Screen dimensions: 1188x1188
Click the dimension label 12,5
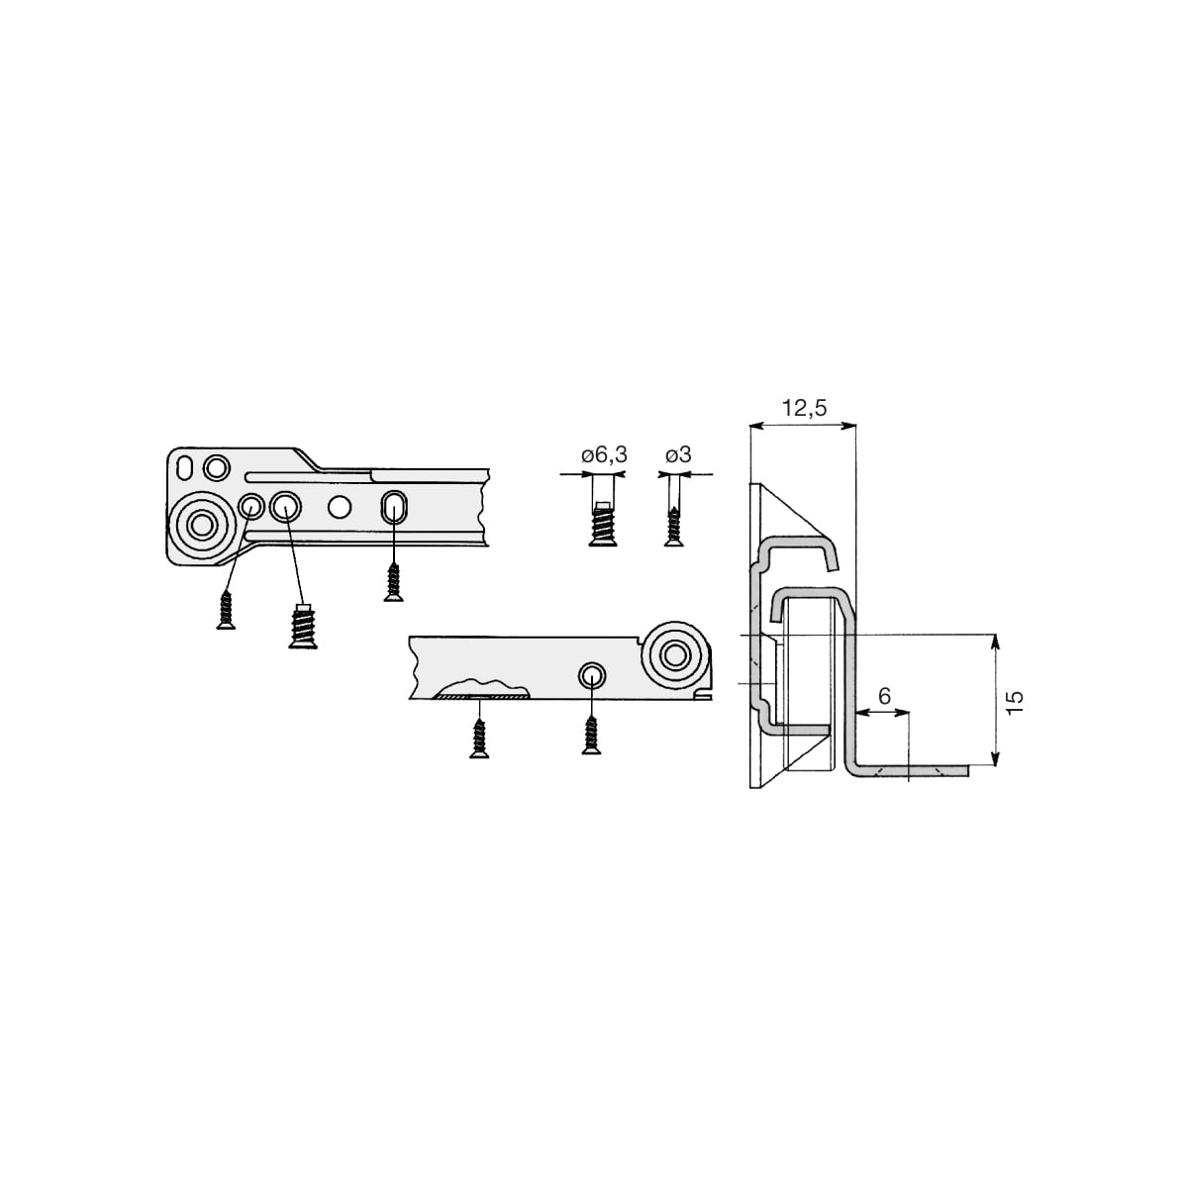(804, 408)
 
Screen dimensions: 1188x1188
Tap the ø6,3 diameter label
(604, 455)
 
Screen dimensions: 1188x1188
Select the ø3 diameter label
(678, 455)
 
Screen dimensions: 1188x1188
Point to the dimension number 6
(884, 696)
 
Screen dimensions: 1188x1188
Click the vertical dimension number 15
(1014, 702)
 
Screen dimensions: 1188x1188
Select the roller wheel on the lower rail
(675, 655)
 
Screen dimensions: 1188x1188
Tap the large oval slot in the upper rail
(394, 507)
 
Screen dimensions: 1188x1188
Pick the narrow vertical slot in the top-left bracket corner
(184, 468)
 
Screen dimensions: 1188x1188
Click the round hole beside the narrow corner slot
(217, 468)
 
